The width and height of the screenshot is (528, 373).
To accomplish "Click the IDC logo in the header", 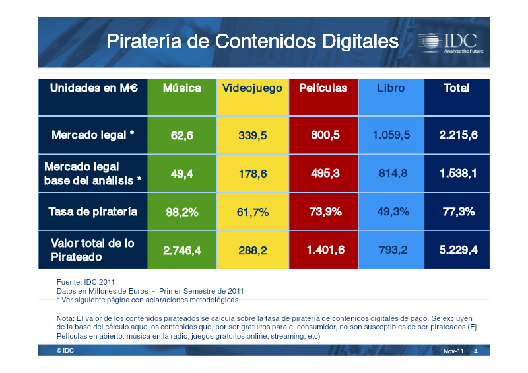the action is (x=451, y=43).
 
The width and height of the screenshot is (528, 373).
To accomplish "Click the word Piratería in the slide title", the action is (x=144, y=42).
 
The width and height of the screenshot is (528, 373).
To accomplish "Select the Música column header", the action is (x=182, y=88).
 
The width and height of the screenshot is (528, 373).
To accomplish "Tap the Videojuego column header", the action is (x=252, y=89).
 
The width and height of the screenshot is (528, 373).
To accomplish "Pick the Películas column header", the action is (x=323, y=88).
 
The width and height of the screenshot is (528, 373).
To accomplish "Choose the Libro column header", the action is (x=391, y=88).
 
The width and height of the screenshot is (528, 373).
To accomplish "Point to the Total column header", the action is (x=457, y=88).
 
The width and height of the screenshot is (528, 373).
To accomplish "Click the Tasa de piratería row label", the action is (x=93, y=212).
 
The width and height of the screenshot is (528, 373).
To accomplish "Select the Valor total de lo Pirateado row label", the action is (x=92, y=250).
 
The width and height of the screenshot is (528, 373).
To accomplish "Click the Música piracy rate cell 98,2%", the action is (x=182, y=212).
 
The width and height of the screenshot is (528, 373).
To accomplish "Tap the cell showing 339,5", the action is (x=253, y=135).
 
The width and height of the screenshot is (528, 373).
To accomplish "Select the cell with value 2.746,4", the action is (x=182, y=250).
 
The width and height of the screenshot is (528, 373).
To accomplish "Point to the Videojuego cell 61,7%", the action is (x=253, y=212).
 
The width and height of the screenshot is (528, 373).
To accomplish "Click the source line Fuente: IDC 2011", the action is (x=86, y=282).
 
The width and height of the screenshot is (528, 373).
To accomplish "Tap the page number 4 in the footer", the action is (x=476, y=351).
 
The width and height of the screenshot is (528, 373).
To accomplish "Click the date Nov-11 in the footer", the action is (x=453, y=351).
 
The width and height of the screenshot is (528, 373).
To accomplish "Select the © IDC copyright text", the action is (x=65, y=351).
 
